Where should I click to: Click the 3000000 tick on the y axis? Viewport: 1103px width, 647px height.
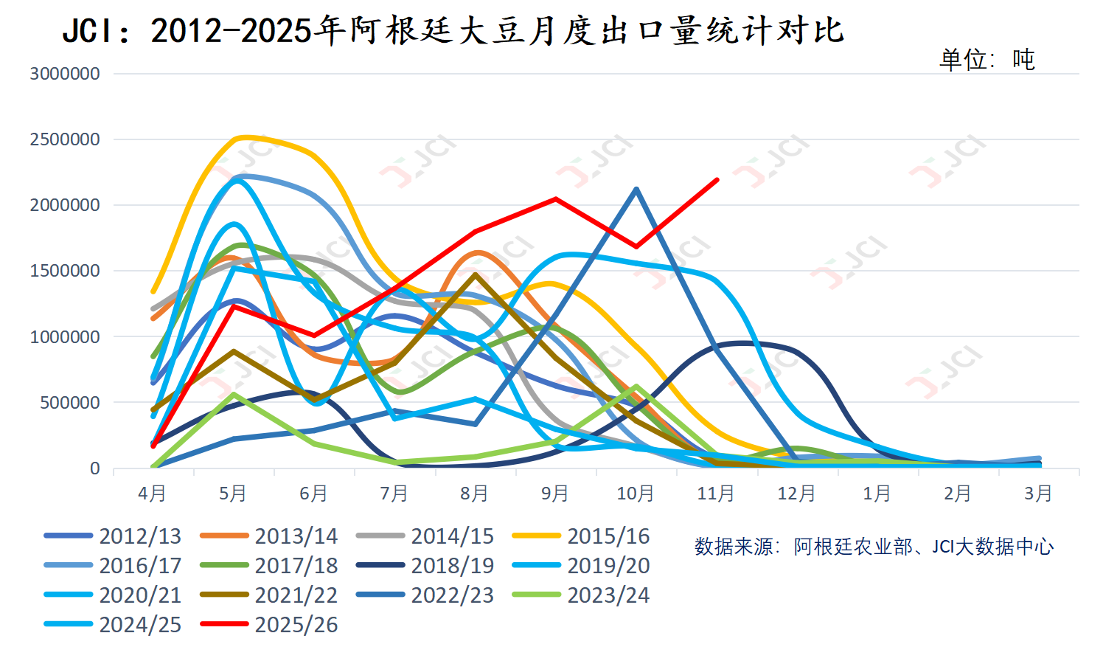coord(65,74)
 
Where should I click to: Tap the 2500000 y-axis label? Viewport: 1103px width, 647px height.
coord(65,139)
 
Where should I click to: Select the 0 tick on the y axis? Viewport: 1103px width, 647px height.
coord(94,468)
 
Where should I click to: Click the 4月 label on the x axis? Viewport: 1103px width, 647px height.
coord(152,494)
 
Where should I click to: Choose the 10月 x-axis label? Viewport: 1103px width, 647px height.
coord(635,494)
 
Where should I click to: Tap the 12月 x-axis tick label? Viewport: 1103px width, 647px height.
coord(796,494)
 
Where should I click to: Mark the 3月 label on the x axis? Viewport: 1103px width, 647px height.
coord(1038,494)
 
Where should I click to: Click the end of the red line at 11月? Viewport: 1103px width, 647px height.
coord(717,179)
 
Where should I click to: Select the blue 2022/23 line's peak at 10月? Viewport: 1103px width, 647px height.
coord(636,189)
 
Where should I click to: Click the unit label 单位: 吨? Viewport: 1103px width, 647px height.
coord(987,59)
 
